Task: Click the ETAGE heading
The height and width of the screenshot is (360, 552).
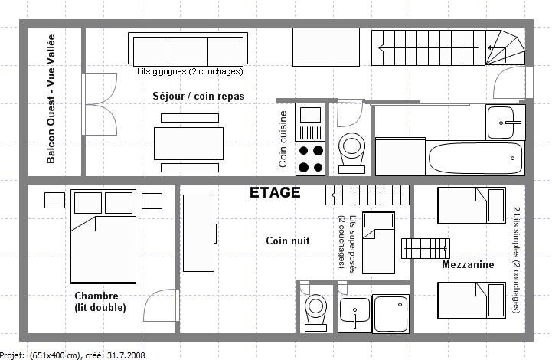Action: [275, 193]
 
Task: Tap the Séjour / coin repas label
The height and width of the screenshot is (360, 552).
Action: [198, 97]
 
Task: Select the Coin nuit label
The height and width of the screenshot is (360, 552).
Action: [288, 241]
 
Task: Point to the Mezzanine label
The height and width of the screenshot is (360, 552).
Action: [468, 264]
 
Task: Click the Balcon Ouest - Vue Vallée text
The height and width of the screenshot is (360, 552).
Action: [51, 99]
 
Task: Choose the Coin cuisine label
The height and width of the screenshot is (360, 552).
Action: [283, 139]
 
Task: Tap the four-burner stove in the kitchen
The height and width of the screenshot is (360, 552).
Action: [310, 159]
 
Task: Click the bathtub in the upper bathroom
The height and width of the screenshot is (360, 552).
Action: [475, 158]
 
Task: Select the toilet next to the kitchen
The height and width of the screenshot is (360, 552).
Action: [351, 153]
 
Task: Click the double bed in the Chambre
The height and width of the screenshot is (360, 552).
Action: [103, 237]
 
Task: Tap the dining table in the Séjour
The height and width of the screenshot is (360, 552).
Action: [188, 143]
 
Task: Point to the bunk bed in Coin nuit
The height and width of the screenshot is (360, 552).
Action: [378, 243]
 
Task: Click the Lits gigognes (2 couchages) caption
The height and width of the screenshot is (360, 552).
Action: [190, 71]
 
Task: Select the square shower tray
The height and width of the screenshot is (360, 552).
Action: [391, 314]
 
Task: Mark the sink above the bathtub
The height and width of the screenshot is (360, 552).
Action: [505, 123]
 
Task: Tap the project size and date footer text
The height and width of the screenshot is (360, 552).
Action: [73, 355]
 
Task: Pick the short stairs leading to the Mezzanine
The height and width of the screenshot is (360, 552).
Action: [426, 249]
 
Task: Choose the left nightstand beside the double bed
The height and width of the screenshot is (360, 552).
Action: [54, 201]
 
